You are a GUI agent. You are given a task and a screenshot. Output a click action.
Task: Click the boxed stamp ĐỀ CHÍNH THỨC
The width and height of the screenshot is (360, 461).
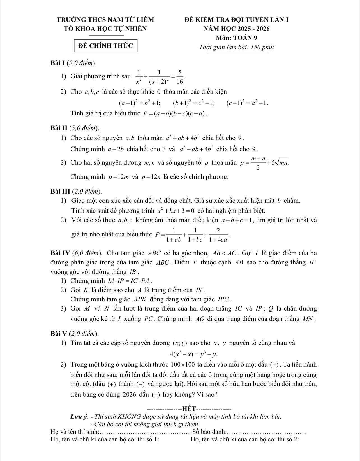pyautogui.click(x=106, y=46)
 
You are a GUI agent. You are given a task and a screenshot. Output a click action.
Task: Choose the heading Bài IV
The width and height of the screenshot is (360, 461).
pyautogui.click(x=61, y=253)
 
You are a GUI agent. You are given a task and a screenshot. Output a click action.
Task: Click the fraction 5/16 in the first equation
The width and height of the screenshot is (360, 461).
pyautogui.click(x=180, y=77)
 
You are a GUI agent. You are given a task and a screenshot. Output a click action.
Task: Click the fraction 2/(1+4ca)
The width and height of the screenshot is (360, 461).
pyautogui.click(x=218, y=235)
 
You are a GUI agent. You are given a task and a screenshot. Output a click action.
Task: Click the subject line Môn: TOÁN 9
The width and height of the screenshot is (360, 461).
pyautogui.click(x=237, y=38)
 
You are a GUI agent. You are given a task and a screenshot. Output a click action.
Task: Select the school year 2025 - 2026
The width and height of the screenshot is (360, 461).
pyautogui.click(x=253, y=29)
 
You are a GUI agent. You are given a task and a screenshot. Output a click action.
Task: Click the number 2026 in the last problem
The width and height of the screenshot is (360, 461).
pyautogui.click(x=130, y=395)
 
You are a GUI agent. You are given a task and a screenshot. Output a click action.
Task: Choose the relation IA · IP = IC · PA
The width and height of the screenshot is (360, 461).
pyautogui.click(x=130, y=281)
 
